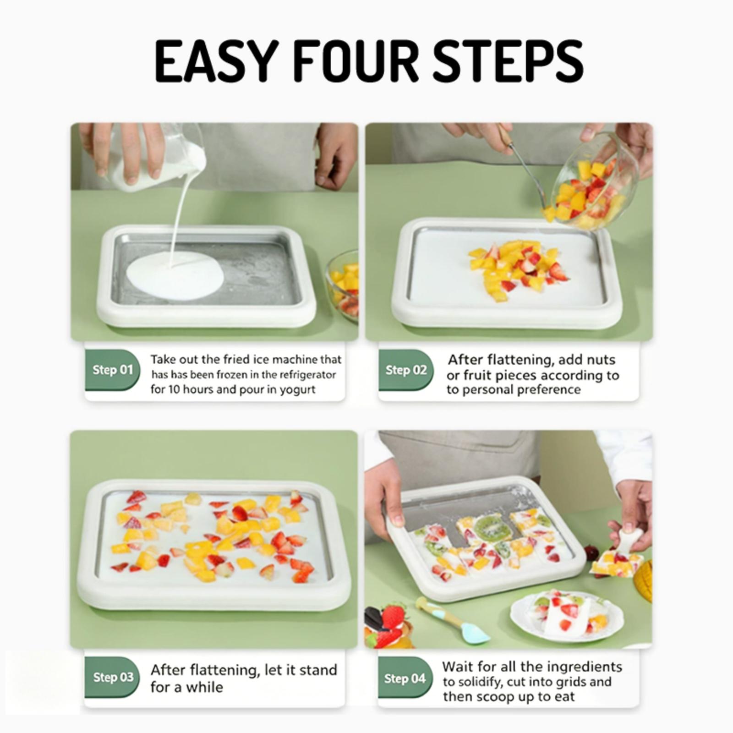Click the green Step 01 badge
point(113,370)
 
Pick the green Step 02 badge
point(406,370)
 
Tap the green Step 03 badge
point(113,677)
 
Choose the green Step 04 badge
point(405,678)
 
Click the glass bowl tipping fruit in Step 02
point(596,181)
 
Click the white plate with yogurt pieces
point(567,614)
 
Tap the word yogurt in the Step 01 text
point(298,390)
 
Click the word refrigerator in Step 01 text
point(308,375)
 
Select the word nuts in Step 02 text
point(600,360)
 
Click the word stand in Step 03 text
point(318,670)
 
